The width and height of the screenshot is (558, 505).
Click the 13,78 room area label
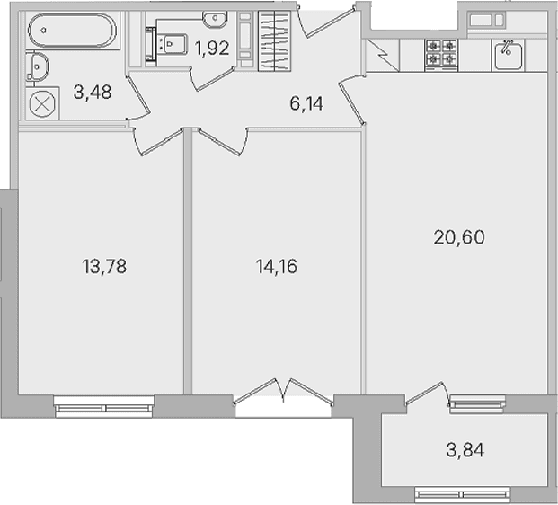[x=104, y=267]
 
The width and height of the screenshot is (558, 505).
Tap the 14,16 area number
[x=277, y=267]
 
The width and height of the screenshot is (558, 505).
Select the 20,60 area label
[x=459, y=237]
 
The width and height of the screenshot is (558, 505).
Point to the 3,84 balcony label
[x=465, y=450]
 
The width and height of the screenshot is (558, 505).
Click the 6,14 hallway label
[x=306, y=104]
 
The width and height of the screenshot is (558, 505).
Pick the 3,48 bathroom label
[x=93, y=92]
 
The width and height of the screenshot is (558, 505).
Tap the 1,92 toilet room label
[x=212, y=48]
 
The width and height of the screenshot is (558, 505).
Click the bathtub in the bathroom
[x=72, y=31]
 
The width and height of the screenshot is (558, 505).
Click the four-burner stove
[x=441, y=55]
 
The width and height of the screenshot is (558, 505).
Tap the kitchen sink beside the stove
[x=509, y=55]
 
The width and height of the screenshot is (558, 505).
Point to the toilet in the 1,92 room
[x=172, y=44]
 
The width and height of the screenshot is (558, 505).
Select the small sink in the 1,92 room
[x=215, y=19]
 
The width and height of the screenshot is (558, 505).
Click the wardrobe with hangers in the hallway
[x=274, y=40]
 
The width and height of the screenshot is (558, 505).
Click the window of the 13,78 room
[x=104, y=406]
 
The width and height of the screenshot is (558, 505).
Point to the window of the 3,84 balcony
[x=462, y=495]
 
